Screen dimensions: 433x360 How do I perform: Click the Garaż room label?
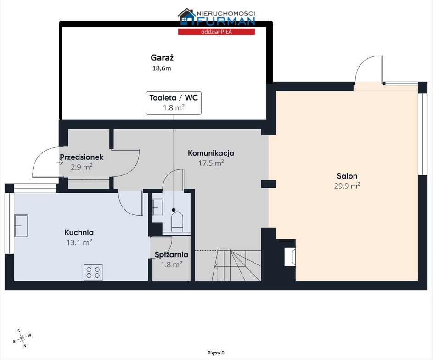pyautogui.click(x=162, y=58)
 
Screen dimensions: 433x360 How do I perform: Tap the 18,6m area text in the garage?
pyautogui.click(x=162, y=68)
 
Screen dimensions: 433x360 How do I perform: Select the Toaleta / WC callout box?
pyautogui.click(x=174, y=103)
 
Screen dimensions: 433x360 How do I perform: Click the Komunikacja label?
pyautogui.click(x=211, y=153)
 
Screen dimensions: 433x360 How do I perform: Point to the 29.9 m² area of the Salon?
pyautogui.click(x=347, y=186)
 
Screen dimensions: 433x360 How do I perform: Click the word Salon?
pyautogui.click(x=347, y=176)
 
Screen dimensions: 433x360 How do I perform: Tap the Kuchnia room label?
pyautogui.click(x=79, y=232)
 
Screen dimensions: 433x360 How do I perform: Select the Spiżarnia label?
pyautogui.click(x=171, y=254)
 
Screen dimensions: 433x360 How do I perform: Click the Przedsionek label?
pyautogui.click(x=81, y=157)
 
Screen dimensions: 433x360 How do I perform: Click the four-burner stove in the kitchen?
pyautogui.click(x=93, y=272)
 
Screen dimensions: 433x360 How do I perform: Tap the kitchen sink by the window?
pyautogui.click(x=21, y=226)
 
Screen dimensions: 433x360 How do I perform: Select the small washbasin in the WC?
pyautogui.click(x=157, y=208)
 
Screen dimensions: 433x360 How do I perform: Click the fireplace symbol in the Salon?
pyautogui.click(x=290, y=257)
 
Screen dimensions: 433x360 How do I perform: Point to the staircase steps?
pyautogui.click(x=238, y=265)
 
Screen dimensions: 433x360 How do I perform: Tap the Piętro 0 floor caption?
pyautogui.click(x=216, y=353)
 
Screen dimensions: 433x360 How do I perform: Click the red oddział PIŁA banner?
pyautogui.click(x=216, y=32)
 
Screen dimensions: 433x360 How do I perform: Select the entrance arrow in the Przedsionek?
pyautogui.click(x=60, y=163)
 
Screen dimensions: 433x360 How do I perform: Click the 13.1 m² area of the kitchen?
pyautogui.click(x=79, y=242)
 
